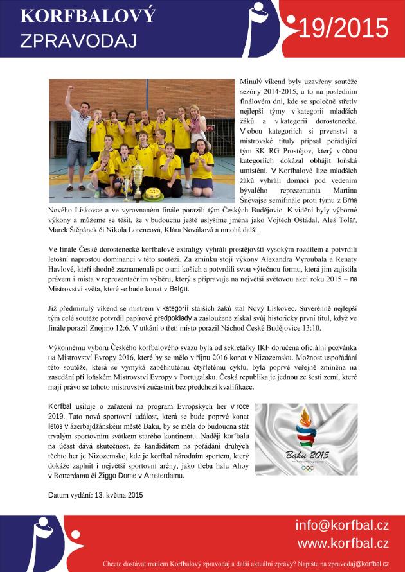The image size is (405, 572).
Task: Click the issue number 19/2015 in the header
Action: pyautogui.click(x=345, y=29)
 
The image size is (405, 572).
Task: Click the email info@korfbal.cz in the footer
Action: pyautogui.click(x=341, y=526)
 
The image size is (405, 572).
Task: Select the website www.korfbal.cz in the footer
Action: pyautogui.click(x=343, y=544)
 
